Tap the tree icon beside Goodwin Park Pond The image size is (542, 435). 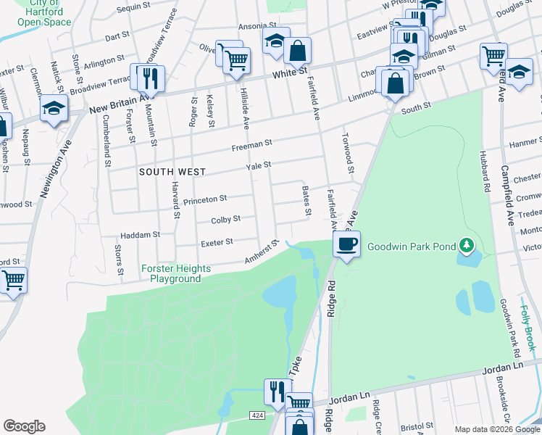(468, 246)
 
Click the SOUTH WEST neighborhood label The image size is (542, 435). (172, 172)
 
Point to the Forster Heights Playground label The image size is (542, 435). (176, 273)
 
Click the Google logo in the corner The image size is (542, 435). (24, 426)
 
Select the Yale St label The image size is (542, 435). (259, 165)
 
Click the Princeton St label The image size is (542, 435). (205, 198)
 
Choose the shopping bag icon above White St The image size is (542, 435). (297, 51)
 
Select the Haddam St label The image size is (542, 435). (141, 235)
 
